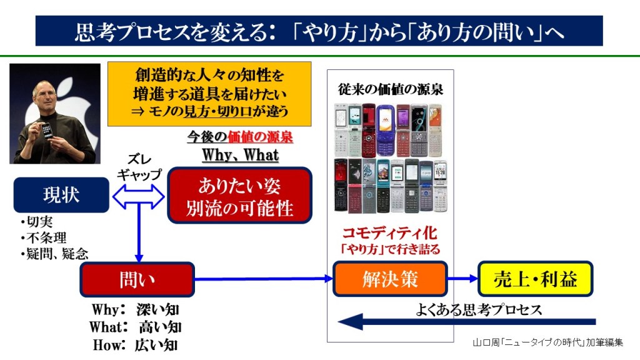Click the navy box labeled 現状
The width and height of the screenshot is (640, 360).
tap(61, 195)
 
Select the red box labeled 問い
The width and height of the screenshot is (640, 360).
tap(137, 279)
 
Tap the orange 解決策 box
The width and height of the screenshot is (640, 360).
tap(390, 279)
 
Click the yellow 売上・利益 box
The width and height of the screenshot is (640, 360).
tap(535, 279)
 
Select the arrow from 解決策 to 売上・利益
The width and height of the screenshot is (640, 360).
tap(462, 279)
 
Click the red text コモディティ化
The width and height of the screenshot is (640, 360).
tap(389, 233)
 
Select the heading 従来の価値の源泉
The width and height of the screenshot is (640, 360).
tap(391, 89)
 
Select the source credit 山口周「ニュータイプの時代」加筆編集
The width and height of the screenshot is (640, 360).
tap(547, 342)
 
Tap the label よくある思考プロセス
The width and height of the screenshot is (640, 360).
tap(479, 309)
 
